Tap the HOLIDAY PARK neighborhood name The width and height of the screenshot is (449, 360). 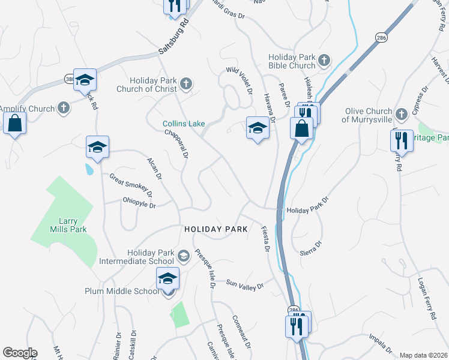pos(216,229)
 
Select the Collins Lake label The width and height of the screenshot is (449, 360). pos(184,124)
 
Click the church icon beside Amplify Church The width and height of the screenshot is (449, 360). pos(63,108)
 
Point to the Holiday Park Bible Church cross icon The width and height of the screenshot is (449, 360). pos(324,60)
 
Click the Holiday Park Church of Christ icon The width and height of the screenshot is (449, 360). pos(186,84)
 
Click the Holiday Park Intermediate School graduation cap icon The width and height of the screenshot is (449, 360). pos(184,256)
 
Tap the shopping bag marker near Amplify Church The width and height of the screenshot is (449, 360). pos(14,124)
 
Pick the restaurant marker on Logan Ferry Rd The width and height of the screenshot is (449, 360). pos(400,141)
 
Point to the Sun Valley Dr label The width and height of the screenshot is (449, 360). pos(245,285)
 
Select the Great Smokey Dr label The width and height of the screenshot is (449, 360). pos(131,186)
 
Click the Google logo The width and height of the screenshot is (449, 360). pos(20,353)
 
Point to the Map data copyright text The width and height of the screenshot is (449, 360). pos(423,355)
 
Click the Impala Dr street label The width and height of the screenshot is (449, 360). pos(381,339)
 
